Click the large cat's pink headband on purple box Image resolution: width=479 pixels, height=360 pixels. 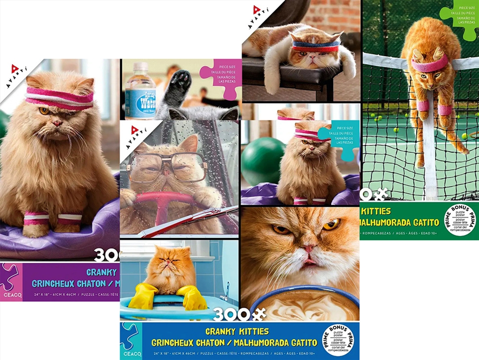58,97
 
